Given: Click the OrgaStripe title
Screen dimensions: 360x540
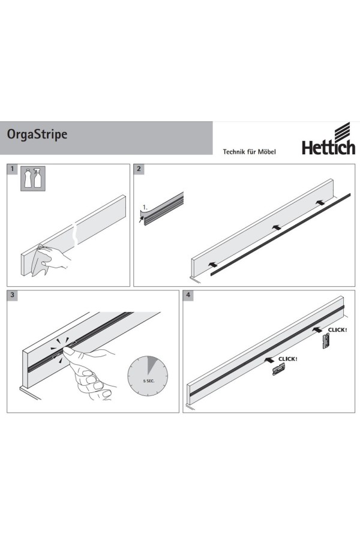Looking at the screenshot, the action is click(x=37, y=134).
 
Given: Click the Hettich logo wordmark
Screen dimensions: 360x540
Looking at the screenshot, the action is click(x=328, y=147).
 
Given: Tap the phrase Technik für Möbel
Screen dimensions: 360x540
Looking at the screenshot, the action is click(x=249, y=152).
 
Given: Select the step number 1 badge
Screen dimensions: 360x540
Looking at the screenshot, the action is click(x=12, y=169).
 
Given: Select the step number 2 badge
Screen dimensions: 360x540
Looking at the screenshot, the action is click(x=139, y=169).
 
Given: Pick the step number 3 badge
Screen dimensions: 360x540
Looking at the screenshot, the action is click(x=13, y=295).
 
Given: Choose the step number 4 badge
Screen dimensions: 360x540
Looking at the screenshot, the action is click(x=188, y=295).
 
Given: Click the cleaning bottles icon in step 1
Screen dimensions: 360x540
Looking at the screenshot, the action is click(x=33, y=178).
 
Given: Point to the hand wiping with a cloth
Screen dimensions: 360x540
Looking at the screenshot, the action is click(x=52, y=257).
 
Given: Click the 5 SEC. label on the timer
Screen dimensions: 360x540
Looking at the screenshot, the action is click(x=148, y=381).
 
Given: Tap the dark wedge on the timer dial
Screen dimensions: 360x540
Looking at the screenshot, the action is click(x=151, y=365).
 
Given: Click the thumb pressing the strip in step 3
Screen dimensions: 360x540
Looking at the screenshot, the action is click(x=71, y=350).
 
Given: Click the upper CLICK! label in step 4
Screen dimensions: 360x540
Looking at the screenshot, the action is click(x=337, y=330).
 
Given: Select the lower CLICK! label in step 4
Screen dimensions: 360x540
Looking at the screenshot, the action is click(x=287, y=359).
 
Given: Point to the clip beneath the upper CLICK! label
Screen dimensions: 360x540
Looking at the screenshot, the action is click(x=326, y=341).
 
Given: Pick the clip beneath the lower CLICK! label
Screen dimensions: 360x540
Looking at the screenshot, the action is click(x=278, y=371).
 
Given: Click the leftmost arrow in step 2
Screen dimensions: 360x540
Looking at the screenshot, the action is click(x=213, y=265).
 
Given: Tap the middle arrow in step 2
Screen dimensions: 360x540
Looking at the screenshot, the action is click(x=276, y=227).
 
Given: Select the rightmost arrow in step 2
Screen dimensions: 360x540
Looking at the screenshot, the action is click(x=320, y=203).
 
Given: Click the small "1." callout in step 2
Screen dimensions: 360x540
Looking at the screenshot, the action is click(x=145, y=208).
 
